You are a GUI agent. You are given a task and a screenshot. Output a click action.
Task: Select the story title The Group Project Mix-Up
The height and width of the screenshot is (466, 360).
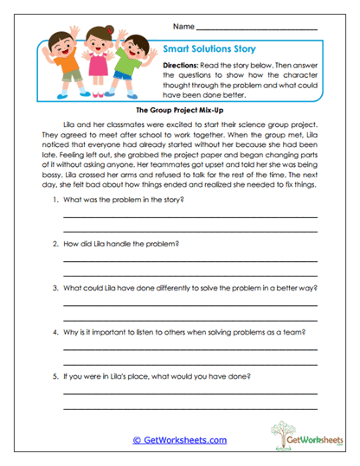tap(179, 112)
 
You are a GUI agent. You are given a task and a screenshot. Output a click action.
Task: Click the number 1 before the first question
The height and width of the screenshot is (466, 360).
tap(55, 200)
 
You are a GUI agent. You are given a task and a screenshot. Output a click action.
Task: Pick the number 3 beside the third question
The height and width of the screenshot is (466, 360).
tap(55, 288)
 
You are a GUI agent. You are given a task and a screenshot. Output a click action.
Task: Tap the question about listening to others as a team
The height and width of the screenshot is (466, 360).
tap(186, 332)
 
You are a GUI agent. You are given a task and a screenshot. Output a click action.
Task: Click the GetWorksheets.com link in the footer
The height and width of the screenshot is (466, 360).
tap(179, 440)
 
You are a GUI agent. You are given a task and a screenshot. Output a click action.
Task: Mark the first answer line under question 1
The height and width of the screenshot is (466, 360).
tap(190, 216)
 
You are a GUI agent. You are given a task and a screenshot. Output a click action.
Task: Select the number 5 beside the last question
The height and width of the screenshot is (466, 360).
tap(55, 376)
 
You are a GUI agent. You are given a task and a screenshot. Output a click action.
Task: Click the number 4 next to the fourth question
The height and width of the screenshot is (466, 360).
tap(55, 332)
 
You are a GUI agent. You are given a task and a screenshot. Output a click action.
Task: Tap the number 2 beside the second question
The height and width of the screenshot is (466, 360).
tap(55, 244)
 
